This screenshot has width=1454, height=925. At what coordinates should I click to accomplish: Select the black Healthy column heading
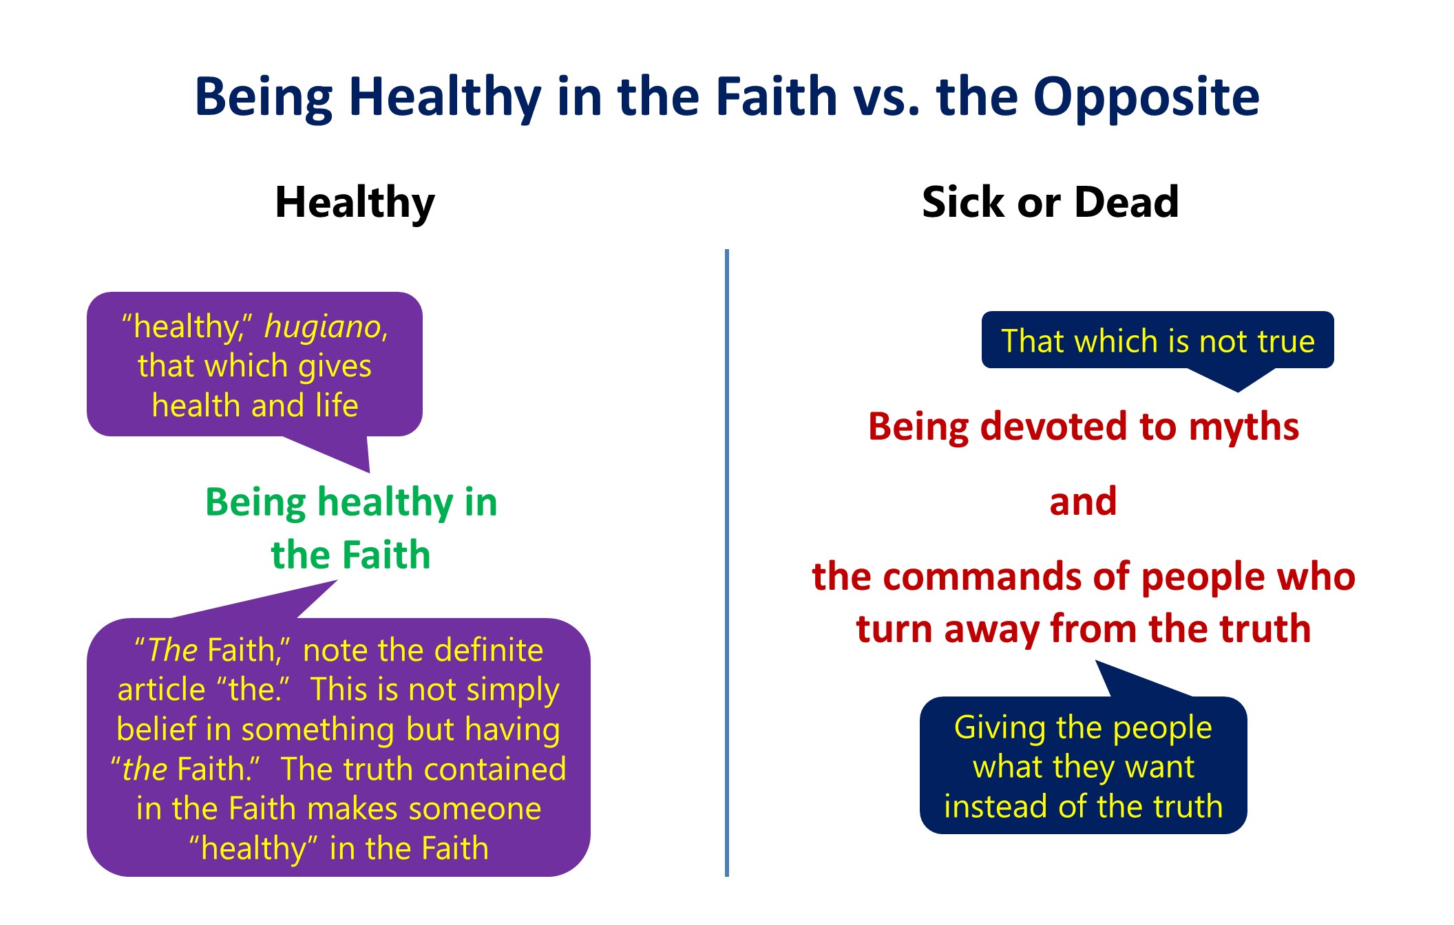tap(355, 204)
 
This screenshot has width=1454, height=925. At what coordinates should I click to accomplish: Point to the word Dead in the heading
tap(1127, 202)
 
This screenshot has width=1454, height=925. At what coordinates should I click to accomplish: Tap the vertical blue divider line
tap(727, 563)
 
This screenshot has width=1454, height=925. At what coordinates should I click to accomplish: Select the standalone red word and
tap(1083, 501)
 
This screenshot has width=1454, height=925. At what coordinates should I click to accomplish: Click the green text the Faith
tap(351, 555)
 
